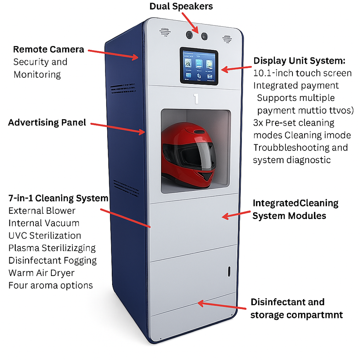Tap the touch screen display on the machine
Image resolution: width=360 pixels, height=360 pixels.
[199, 66]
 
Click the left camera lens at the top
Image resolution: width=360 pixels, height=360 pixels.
[189, 35]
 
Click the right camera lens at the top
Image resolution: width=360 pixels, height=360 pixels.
[204, 36]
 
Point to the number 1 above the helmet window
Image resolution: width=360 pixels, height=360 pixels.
[196, 99]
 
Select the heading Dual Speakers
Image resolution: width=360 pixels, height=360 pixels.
[181, 6]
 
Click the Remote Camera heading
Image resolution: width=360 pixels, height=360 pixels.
[48, 49]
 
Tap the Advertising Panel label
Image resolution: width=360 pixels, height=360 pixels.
[47, 122]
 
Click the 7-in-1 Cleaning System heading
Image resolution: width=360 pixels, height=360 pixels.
[58, 198]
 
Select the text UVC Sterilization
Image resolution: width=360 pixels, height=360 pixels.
[45, 235]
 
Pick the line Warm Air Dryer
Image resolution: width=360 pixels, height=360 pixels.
[41, 273]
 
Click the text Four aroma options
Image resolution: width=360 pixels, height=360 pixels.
[50, 285]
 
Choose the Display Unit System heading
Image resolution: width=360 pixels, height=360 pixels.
[299, 61]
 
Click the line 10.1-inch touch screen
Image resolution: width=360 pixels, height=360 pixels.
[302, 73]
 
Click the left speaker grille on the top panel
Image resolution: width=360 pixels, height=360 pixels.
[163, 32]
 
